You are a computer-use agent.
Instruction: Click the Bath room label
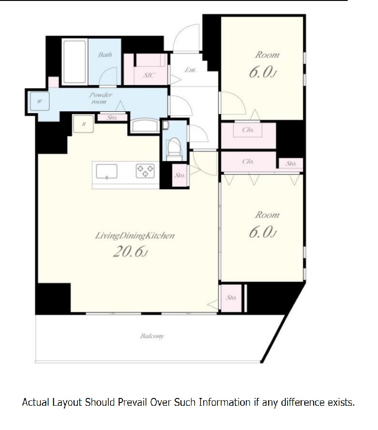[x=105, y=54]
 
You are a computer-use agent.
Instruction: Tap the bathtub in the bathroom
[x=74, y=62]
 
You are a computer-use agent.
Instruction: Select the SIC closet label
[x=149, y=75]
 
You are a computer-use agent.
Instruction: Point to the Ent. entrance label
[x=190, y=70]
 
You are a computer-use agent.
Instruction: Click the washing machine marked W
[x=40, y=101]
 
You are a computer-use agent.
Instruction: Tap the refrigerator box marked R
[x=83, y=124]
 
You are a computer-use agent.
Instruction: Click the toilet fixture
[x=174, y=149]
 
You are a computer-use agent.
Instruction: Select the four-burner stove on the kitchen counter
[x=145, y=170]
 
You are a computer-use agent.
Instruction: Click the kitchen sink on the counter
[x=106, y=171]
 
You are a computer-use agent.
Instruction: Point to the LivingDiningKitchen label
[x=134, y=235]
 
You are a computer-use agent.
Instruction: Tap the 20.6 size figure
[x=130, y=251]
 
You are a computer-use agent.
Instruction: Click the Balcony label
[x=152, y=336]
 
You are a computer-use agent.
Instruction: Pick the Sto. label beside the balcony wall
[x=231, y=297]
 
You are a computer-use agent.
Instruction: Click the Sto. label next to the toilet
[x=180, y=175]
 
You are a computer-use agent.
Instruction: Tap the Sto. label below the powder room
[x=112, y=117]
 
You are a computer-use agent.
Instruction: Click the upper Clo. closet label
[x=248, y=130]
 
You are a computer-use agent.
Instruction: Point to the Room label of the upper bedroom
[x=267, y=55]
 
